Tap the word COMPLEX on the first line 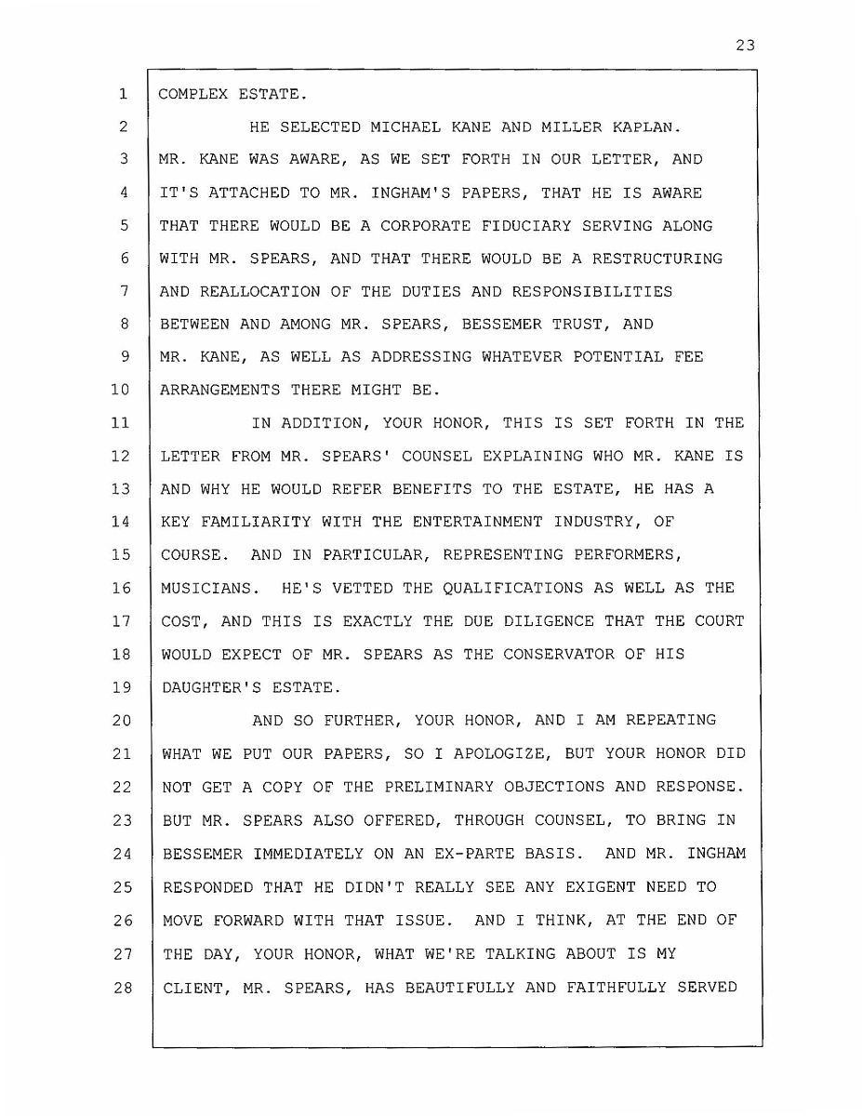pyautogui.click(x=191, y=94)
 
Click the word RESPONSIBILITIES pyautogui.click(x=583, y=292)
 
